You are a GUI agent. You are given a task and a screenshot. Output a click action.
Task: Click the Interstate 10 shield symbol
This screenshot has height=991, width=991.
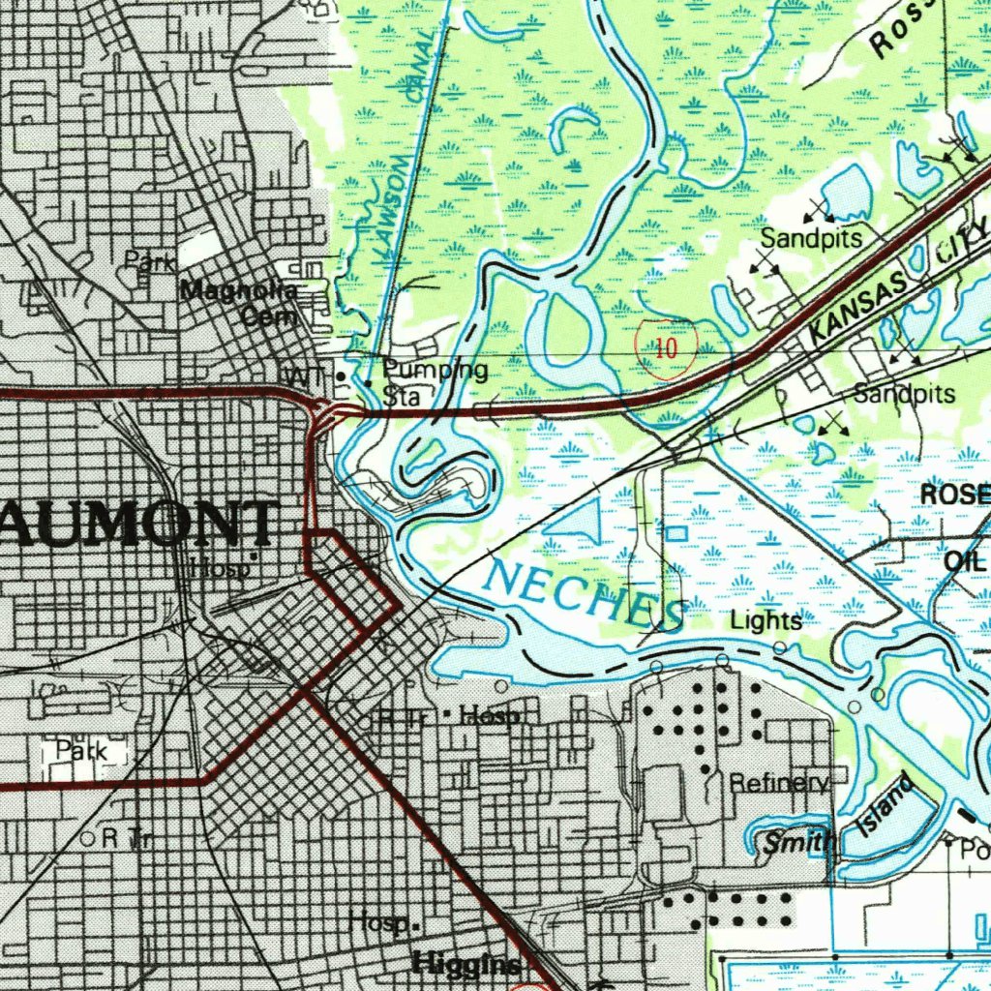tap(666, 346)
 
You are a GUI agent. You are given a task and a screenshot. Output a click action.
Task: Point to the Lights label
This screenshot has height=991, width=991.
tap(766, 620)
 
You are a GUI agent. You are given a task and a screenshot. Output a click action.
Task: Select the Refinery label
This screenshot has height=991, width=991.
tap(780, 783)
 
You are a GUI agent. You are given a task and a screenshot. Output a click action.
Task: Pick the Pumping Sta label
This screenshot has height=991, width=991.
tap(435, 381)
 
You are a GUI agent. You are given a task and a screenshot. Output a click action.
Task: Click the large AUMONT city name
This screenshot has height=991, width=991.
tap(135, 524)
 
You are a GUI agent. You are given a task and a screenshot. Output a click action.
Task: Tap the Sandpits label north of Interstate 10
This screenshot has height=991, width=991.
tap(810, 238)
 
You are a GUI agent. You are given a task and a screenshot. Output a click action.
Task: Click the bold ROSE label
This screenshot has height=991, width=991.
tap(954, 495)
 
